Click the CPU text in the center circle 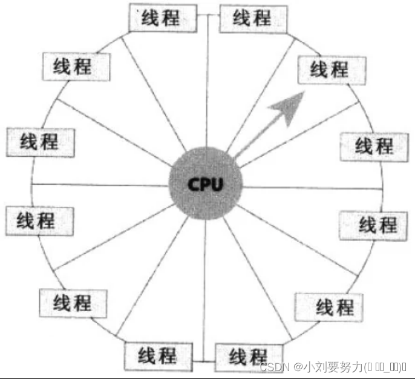[x=206, y=183]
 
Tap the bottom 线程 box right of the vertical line [x=248, y=355]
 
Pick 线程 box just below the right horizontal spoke [x=378, y=225]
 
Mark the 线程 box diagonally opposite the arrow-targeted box [x=73, y=302]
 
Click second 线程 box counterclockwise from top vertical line [x=76, y=66]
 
